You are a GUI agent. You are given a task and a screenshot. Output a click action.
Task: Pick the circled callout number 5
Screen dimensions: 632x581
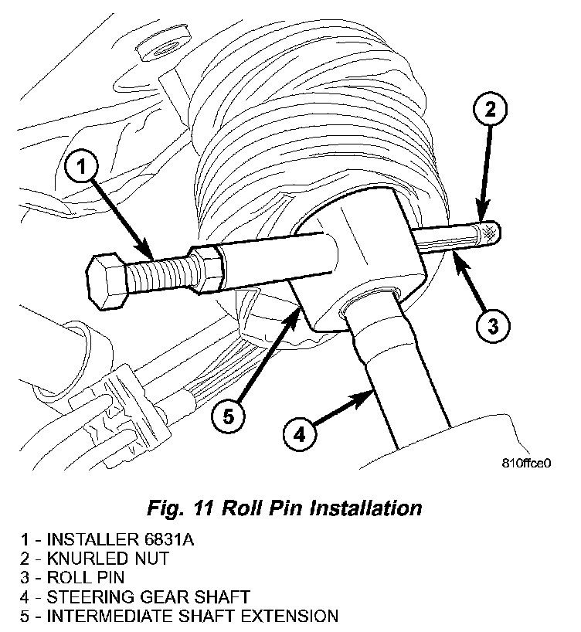click(x=228, y=416)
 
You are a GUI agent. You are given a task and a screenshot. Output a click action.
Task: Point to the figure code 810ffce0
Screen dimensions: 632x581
click(x=528, y=465)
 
